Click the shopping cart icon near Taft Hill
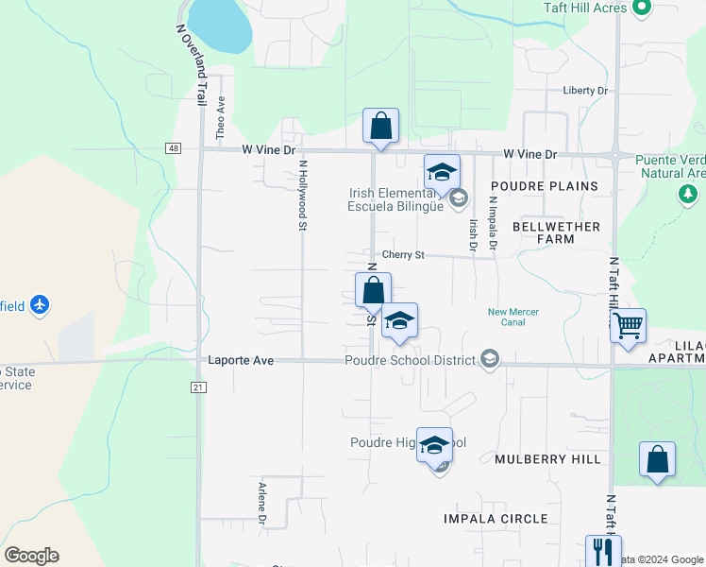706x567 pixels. (627, 326)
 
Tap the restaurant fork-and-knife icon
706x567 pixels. (602, 550)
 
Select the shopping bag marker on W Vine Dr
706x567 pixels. (380, 126)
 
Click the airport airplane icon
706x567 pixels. (40, 305)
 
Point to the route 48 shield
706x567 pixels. (173, 148)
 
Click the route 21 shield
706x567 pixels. (197, 387)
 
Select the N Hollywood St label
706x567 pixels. (303, 195)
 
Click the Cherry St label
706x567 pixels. (404, 255)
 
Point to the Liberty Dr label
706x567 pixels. (585, 91)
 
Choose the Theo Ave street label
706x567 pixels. (221, 119)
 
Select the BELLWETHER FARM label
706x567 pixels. (556, 232)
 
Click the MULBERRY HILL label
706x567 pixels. (547, 459)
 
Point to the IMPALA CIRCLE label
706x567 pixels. (496, 519)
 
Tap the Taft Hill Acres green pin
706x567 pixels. (643, 8)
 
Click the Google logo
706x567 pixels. (31, 556)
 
